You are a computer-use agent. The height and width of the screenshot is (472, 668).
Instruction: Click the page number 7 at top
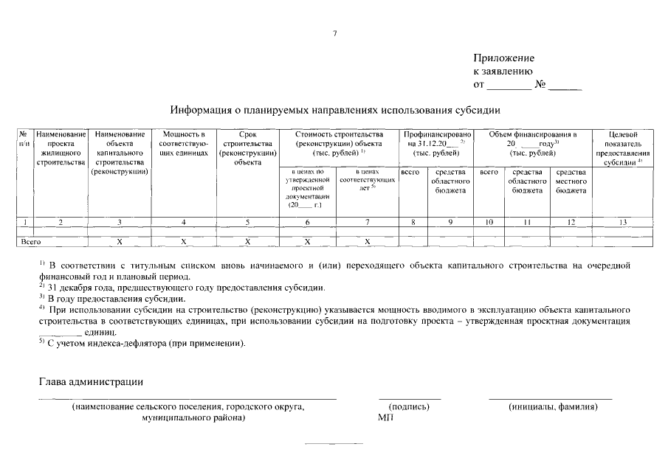(x=334, y=33)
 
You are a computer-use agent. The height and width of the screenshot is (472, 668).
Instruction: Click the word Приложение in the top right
(x=503, y=58)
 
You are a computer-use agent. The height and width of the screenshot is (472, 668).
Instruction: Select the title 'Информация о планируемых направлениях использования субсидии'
(x=335, y=111)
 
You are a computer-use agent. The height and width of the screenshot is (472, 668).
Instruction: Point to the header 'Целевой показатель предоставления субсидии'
(x=624, y=148)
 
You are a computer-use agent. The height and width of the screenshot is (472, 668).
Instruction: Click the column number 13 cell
(x=624, y=222)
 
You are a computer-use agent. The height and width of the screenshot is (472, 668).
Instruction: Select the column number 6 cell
(x=307, y=222)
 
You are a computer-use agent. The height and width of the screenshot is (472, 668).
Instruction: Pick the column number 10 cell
(x=489, y=222)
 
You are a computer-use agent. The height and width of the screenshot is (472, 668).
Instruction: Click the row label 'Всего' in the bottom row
(x=30, y=241)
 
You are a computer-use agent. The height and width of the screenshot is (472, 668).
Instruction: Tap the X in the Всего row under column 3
(x=120, y=241)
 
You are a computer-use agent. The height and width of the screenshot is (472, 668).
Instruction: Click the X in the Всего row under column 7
(x=367, y=241)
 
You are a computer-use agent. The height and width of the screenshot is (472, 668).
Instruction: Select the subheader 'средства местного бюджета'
(x=571, y=181)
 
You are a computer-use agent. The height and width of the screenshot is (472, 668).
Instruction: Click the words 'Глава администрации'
(x=90, y=381)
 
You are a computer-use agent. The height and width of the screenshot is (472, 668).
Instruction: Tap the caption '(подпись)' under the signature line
(x=408, y=407)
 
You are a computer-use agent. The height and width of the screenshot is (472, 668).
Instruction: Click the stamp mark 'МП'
(x=385, y=417)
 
